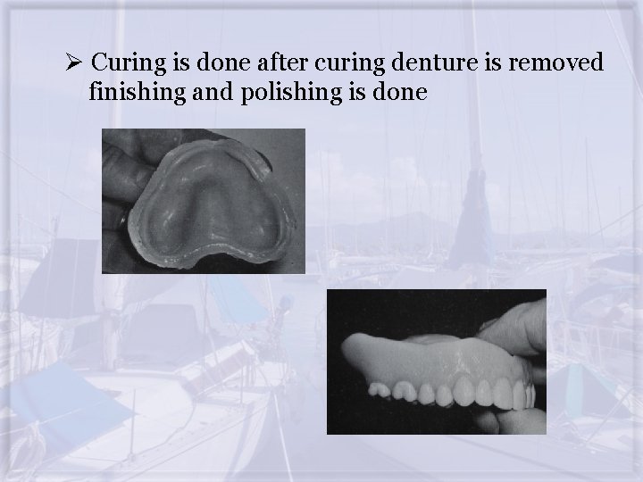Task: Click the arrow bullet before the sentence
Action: point(75,63)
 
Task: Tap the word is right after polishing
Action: point(346,91)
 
